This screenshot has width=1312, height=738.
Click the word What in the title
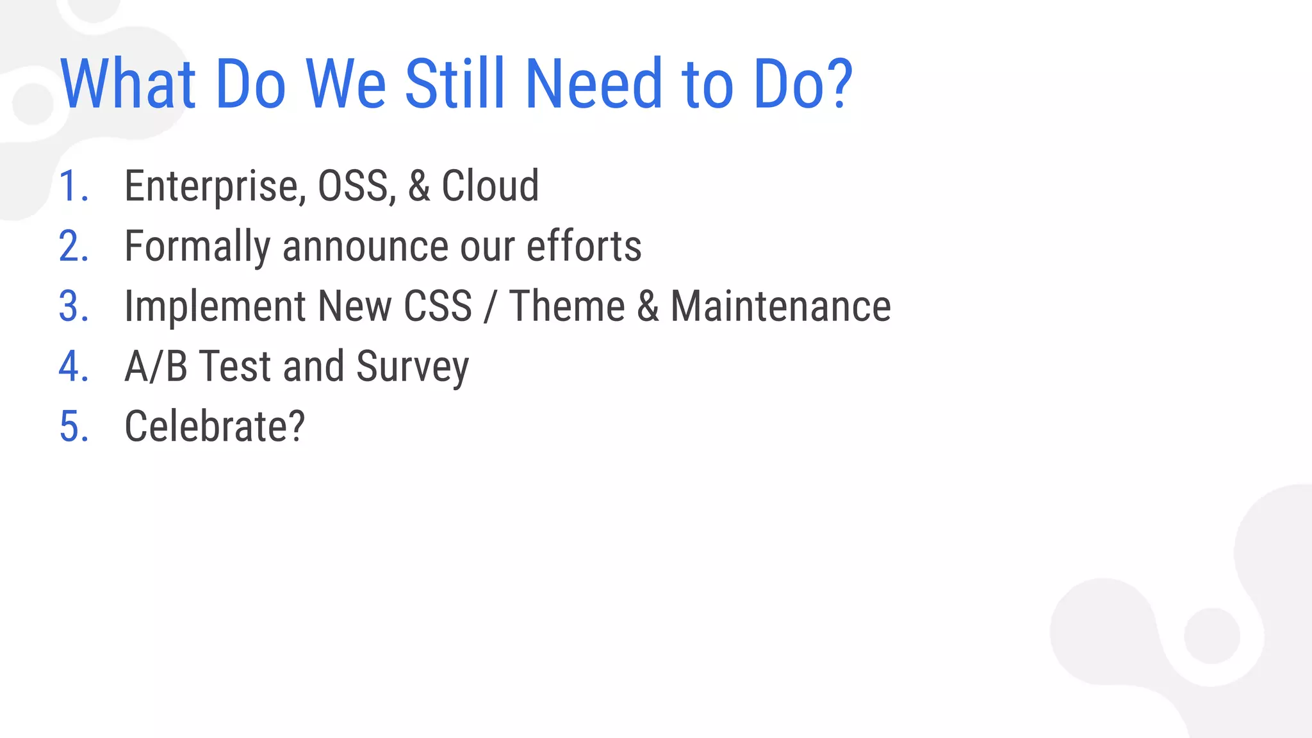click(127, 84)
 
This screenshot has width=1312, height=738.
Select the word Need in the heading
click(594, 84)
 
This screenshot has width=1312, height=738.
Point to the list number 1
click(72, 186)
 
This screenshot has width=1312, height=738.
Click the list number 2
click(73, 247)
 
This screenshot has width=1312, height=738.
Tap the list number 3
click(73, 306)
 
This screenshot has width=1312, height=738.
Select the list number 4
click(73, 366)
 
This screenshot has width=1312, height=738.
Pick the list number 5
click(73, 427)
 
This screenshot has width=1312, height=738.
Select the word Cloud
click(490, 186)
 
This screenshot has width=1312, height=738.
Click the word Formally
click(197, 247)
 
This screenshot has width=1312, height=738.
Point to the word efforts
click(584, 247)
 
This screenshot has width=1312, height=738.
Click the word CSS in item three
click(438, 306)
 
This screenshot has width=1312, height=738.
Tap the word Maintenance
click(780, 306)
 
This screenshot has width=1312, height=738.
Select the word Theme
click(567, 306)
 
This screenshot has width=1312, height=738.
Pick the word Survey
click(413, 366)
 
